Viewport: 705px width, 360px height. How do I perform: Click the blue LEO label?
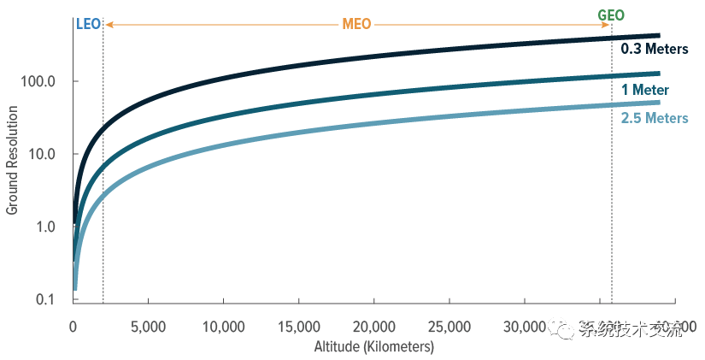(89, 25)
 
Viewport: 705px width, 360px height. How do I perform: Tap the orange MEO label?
(356, 25)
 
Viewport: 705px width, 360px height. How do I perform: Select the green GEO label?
(610, 15)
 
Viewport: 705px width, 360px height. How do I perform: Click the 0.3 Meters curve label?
(655, 50)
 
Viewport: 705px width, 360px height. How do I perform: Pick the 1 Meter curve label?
(645, 90)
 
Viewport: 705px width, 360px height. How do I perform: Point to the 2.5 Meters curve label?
(655, 118)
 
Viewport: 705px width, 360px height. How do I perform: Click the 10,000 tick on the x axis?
(223, 328)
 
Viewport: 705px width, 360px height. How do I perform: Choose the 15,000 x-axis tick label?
(298, 328)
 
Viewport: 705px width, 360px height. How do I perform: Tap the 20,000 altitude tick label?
(373, 328)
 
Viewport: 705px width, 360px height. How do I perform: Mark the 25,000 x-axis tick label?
(449, 328)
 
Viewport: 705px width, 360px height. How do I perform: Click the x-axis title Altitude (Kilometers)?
(373, 347)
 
